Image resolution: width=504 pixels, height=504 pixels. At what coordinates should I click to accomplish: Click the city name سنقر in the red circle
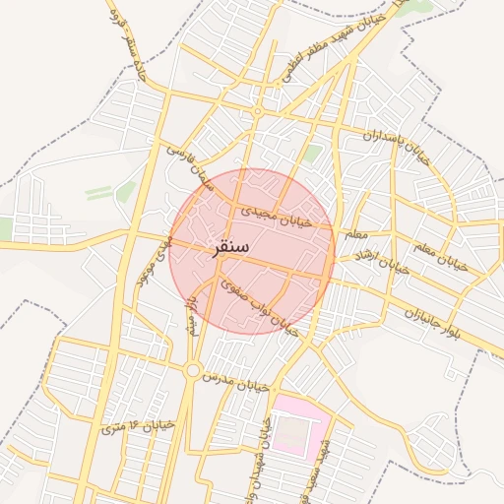click(x=230, y=247)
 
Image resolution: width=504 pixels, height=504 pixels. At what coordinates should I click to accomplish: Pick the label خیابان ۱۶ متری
click(x=137, y=424)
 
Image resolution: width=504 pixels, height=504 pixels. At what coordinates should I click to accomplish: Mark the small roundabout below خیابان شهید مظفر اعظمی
click(x=257, y=112)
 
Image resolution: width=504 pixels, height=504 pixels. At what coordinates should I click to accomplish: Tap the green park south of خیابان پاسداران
click(x=312, y=154)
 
